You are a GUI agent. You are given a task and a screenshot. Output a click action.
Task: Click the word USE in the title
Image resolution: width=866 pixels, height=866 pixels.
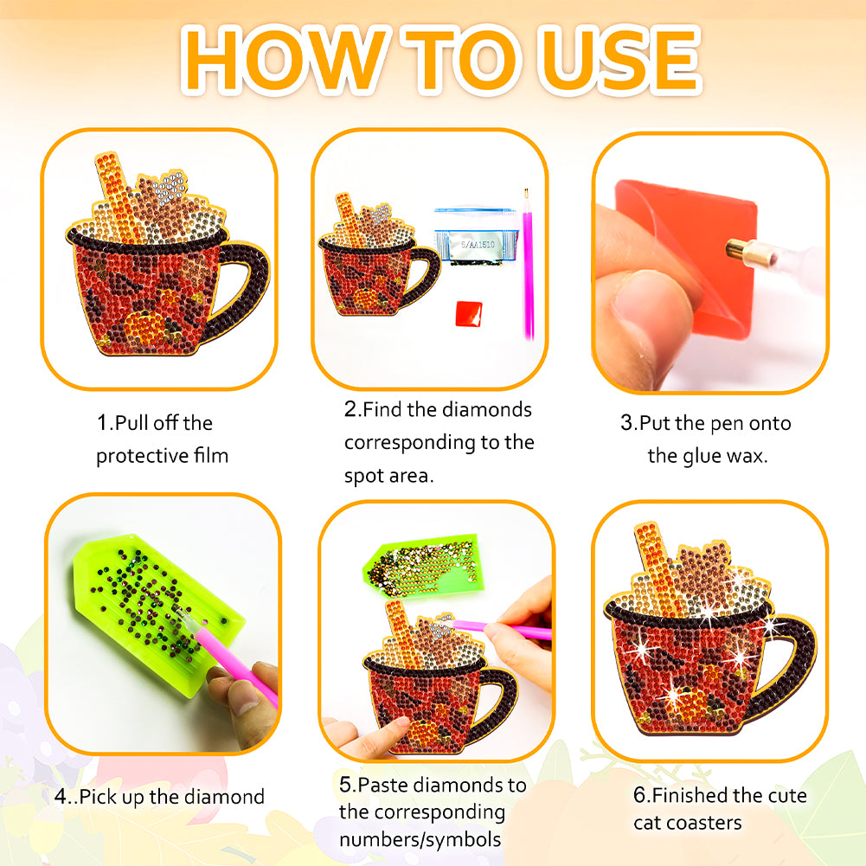621,59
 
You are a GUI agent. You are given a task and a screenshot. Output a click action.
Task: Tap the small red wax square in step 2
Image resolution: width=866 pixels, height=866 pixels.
469,313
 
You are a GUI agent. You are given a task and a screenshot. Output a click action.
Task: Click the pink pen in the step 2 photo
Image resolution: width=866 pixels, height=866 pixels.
528,264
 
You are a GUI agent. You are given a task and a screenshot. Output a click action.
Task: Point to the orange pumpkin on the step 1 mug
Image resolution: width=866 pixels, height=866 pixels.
144,326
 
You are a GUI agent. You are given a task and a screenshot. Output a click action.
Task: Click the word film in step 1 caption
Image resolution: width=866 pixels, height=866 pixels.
210,456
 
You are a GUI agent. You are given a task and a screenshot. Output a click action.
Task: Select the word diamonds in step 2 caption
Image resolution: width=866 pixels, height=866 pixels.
486,409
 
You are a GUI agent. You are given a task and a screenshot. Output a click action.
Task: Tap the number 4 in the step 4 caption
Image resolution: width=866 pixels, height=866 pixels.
61,797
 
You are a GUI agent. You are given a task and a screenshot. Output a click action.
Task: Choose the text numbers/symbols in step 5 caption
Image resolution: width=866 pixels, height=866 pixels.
420,839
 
